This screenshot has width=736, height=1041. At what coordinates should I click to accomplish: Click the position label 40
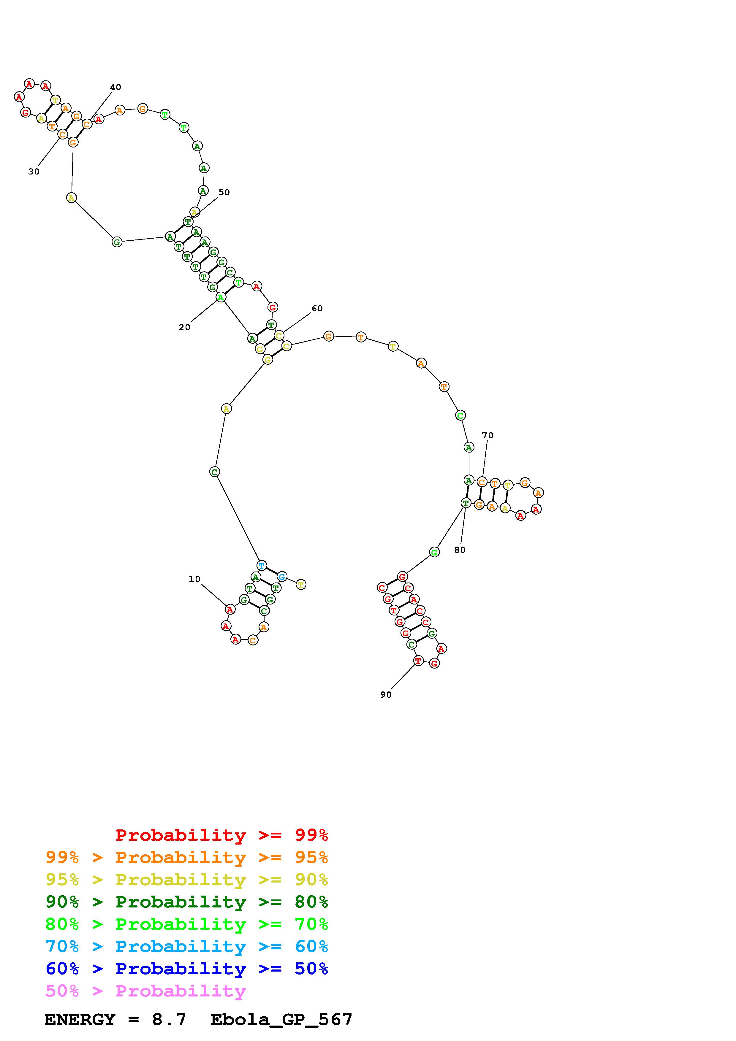pos(115,88)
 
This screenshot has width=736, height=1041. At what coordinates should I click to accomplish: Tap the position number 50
pos(224,192)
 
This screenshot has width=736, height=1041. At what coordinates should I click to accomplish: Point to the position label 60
pos(317,309)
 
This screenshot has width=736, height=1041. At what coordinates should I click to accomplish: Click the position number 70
pos(487,436)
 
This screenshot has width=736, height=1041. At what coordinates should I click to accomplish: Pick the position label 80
pos(460,550)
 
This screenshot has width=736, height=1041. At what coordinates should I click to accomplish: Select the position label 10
pos(194,579)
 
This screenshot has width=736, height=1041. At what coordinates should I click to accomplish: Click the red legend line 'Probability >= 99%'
pos(222,835)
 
